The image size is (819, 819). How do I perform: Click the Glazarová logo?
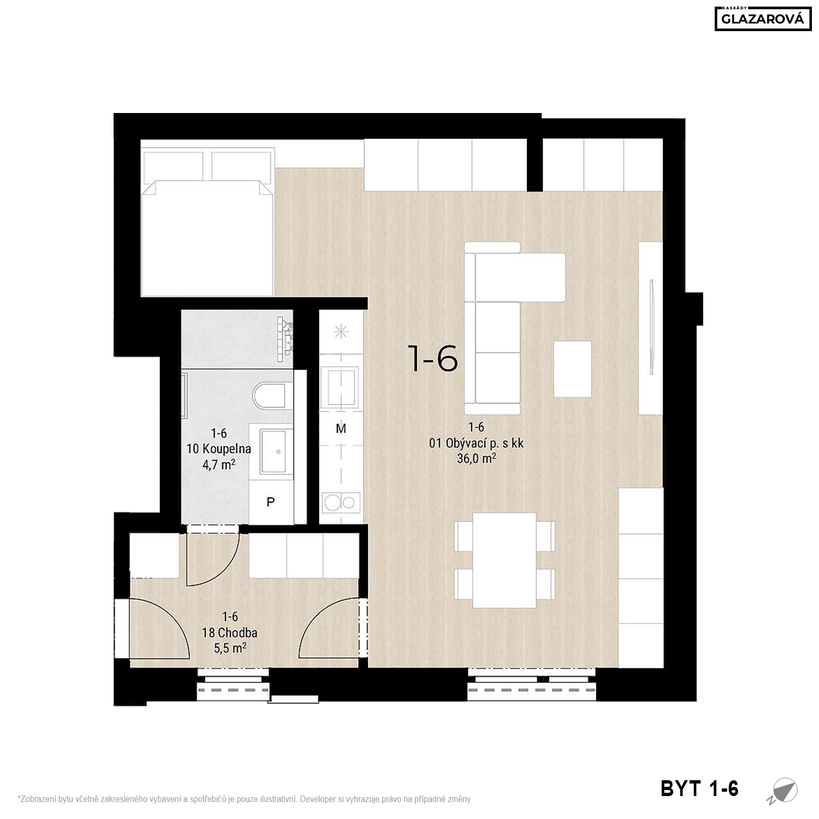point(763,19)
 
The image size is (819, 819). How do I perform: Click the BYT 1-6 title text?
point(699,788)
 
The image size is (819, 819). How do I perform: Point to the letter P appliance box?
point(270,502)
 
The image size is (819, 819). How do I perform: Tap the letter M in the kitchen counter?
point(341,429)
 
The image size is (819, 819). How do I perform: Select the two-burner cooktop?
point(341,502)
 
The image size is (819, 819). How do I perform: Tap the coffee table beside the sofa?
point(573,369)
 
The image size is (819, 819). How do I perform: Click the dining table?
point(505,560)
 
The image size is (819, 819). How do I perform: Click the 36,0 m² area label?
point(477,459)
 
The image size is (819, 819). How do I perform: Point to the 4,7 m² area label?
point(218,465)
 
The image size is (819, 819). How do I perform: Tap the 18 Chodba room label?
point(229,633)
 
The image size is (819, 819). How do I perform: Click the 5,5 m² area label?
point(230,648)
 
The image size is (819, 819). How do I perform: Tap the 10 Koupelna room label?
point(218,449)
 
